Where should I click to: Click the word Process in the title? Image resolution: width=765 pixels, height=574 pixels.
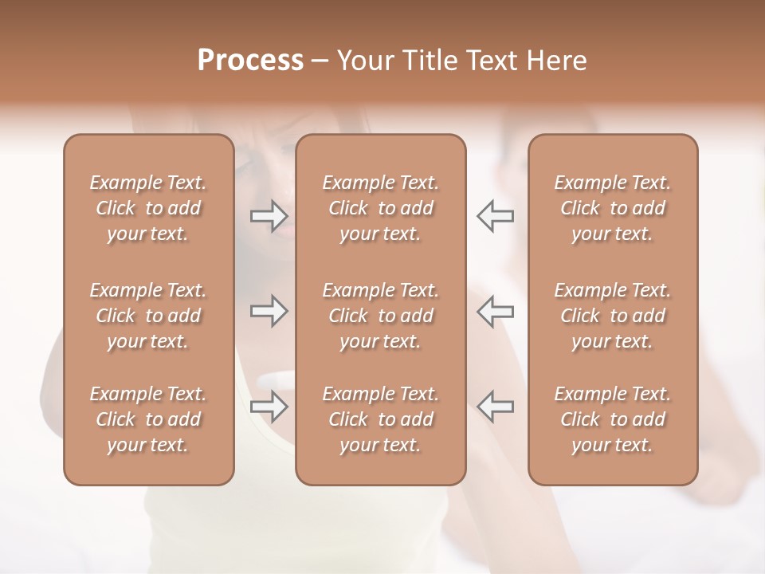point(250,61)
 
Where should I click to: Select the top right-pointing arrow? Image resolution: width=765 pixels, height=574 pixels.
point(269,216)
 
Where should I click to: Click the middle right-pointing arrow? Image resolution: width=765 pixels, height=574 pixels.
point(269,311)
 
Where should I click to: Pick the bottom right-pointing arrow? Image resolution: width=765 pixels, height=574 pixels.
point(269,407)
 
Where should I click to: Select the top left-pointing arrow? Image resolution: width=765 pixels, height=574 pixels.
point(495,216)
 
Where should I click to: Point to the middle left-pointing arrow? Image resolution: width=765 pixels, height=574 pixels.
point(495,311)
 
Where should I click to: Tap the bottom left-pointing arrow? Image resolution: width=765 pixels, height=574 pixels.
point(495,407)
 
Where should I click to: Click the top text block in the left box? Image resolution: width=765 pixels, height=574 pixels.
point(148,208)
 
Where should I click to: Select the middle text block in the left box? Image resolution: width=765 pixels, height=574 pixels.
point(148,316)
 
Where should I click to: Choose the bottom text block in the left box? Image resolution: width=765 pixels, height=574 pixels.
point(148,419)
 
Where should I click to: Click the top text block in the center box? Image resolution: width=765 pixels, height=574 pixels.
point(380,208)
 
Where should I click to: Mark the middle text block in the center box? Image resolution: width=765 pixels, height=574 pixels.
point(380,316)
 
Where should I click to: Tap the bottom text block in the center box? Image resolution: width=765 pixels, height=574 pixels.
point(380,419)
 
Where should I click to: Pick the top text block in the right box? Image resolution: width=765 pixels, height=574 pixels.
point(612,208)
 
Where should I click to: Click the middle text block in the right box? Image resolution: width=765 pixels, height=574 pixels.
point(612,316)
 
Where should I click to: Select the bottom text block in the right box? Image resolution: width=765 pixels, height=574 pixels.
point(612,419)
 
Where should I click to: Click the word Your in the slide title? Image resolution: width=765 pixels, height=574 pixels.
point(363,61)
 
